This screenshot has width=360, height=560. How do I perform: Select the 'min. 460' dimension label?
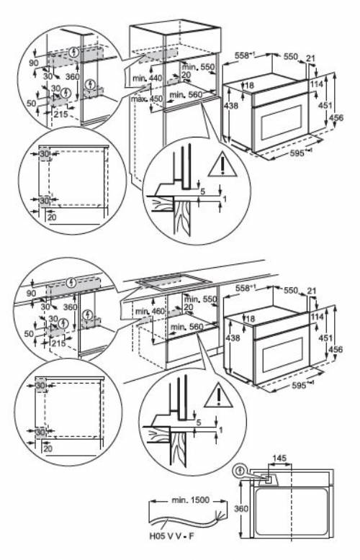[149, 312]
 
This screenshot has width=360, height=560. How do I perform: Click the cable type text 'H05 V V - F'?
[172, 533]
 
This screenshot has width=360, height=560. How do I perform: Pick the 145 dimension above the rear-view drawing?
[282, 458]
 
